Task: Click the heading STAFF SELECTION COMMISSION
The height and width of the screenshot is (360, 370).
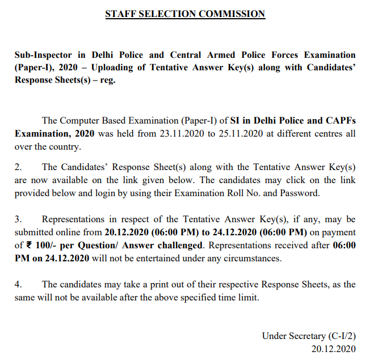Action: (185, 14)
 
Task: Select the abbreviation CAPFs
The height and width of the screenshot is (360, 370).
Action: (339, 121)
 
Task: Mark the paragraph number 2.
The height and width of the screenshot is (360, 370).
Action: (18, 167)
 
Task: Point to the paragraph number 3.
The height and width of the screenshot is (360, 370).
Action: (18, 219)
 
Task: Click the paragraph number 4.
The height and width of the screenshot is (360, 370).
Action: (18, 284)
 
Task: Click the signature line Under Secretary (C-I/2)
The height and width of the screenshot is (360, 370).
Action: (309, 336)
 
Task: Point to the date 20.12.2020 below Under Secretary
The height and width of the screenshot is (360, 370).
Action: (334, 349)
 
